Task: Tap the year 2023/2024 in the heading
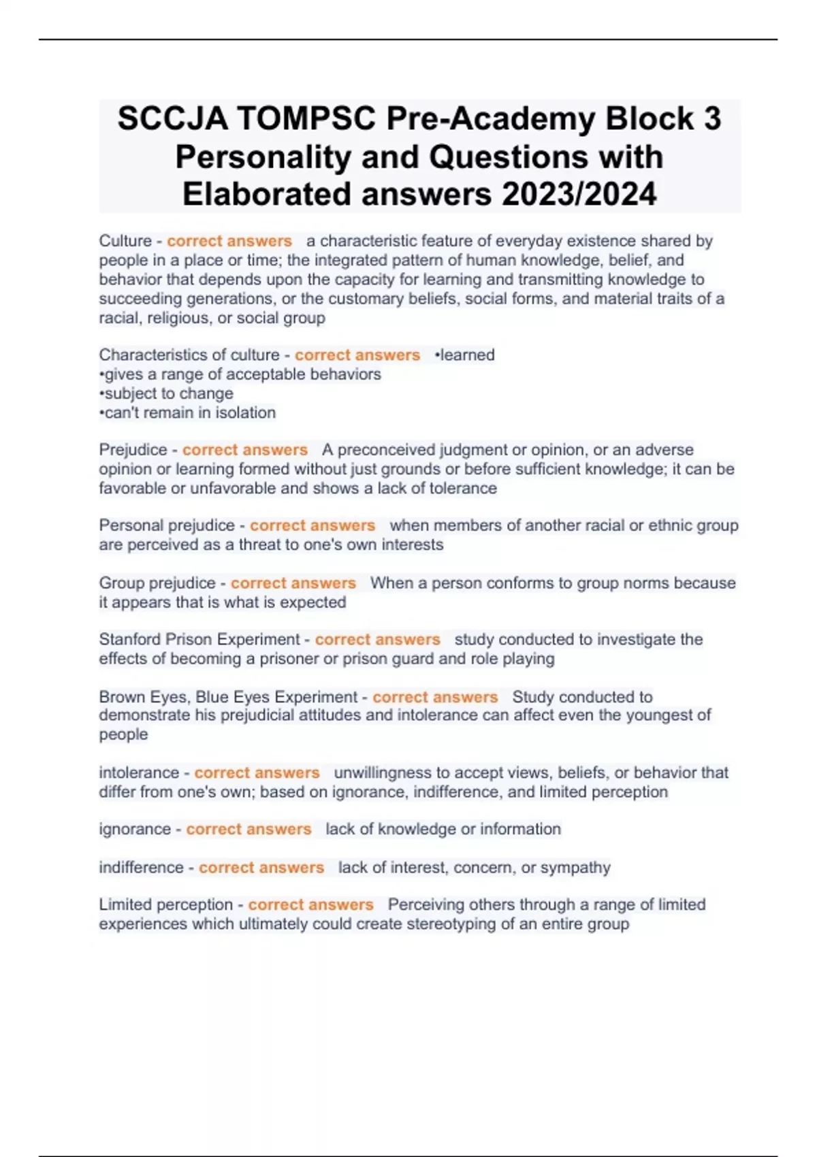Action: pyautogui.click(x=579, y=195)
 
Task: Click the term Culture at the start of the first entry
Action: pyautogui.click(x=125, y=241)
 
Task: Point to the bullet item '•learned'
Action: pyautogui.click(x=464, y=355)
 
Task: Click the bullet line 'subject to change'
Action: pyautogui.click(x=167, y=393)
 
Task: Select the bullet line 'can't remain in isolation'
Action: pyautogui.click(x=188, y=412)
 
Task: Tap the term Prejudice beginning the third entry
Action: pyautogui.click(x=132, y=450)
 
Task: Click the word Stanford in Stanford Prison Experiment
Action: pyautogui.click(x=130, y=640)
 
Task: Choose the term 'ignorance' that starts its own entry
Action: pyautogui.click(x=134, y=829)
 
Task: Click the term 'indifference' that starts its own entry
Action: pyautogui.click(x=141, y=868)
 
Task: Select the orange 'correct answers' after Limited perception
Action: pyautogui.click(x=310, y=905)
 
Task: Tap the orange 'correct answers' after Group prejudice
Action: pyautogui.click(x=293, y=583)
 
